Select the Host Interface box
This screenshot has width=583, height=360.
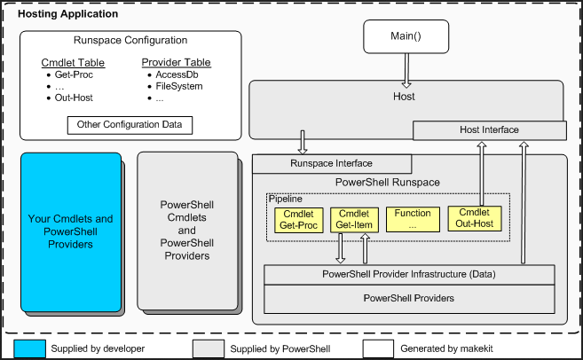click(x=490, y=130)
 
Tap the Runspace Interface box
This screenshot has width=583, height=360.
click(x=332, y=163)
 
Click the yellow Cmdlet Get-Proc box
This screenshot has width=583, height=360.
click(x=297, y=220)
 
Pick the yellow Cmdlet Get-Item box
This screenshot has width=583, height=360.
click(x=354, y=220)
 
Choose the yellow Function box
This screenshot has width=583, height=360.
click(x=413, y=220)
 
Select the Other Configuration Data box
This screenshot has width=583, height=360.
click(x=130, y=124)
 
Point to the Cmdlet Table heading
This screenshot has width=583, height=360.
click(x=73, y=63)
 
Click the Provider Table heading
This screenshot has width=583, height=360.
click(x=176, y=63)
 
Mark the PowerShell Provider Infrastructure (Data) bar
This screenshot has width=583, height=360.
click(x=409, y=274)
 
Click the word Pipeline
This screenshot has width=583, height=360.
click(x=285, y=200)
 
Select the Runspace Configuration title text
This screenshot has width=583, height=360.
click(x=130, y=41)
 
